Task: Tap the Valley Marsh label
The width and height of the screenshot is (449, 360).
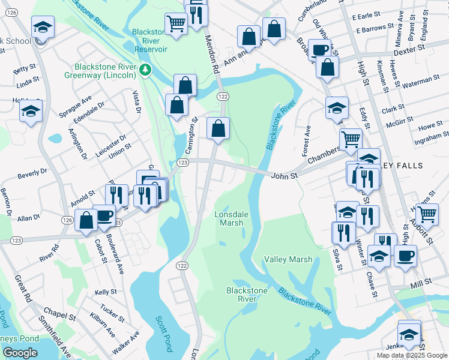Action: pos(288,259)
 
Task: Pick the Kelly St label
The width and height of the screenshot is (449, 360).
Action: pos(106,292)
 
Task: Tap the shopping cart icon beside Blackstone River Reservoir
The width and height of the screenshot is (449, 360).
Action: pos(175,24)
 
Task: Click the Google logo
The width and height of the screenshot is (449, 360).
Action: pos(20,353)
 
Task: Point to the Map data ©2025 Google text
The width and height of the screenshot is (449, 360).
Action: pos(411,355)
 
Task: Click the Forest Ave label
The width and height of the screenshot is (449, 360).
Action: pos(306,139)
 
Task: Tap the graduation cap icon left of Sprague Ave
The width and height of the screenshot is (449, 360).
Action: pos(31,110)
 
